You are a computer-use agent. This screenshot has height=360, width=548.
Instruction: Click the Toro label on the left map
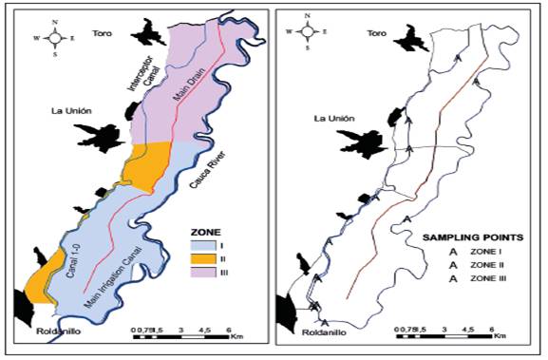tap(102, 33)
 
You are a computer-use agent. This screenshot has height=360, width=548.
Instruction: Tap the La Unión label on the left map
tap(73, 111)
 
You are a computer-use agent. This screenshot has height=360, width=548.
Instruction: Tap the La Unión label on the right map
tap(335, 119)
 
